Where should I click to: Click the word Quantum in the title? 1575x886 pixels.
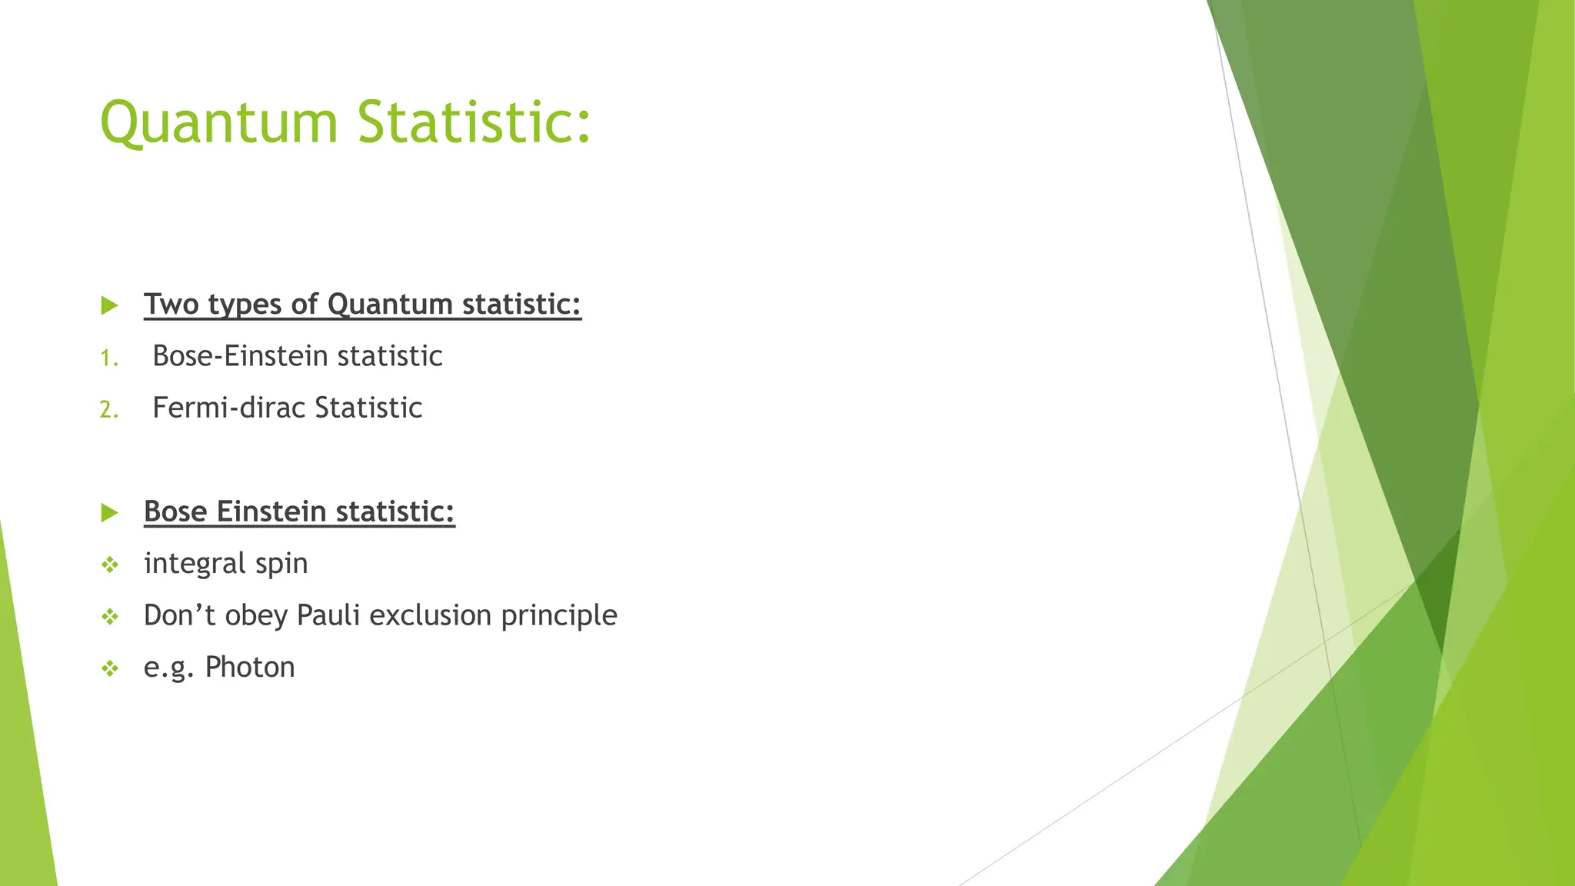pos(219,123)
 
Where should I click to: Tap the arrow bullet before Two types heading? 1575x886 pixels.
pos(109,305)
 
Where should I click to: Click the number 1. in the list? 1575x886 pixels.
pos(109,358)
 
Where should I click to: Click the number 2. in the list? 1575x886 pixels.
pos(109,410)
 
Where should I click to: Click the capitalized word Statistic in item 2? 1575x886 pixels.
pos(368,408)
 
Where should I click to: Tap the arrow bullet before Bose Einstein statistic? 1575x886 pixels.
pos(109,512)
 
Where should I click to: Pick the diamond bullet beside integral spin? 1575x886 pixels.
pos(110,565)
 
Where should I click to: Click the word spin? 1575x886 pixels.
pos(281,565)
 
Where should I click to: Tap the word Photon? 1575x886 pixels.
pos(250,667)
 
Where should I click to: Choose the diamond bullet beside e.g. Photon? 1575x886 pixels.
pos(110,668)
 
